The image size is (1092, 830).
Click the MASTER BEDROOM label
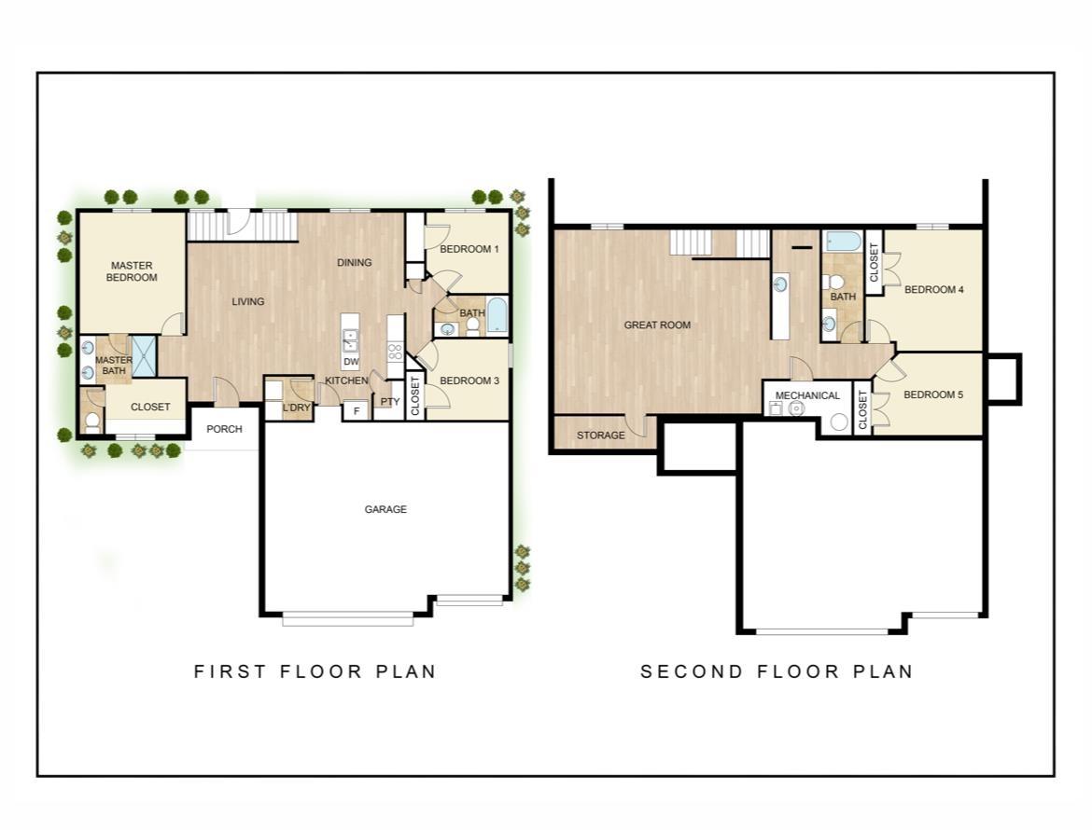pos(132,271)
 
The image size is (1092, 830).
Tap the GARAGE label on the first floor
pos(385,509)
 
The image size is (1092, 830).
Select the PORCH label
pos(224,429)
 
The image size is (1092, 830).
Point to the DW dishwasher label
pos(351,362)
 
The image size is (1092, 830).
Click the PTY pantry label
pos(390,401)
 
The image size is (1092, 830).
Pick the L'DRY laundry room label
pos(297,407)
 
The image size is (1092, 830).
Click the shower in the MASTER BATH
pos(145,356)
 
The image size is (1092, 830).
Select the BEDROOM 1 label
pos(469,249)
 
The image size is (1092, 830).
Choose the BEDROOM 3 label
pos(469,380)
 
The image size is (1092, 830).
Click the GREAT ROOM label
pos(657,325)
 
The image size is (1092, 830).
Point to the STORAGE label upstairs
pos(600,436)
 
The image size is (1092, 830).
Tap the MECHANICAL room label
pos(807,395)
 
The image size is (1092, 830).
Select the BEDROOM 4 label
pos(934,289)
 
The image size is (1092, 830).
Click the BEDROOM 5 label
pos(933,394)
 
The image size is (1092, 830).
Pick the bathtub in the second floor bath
pos(843,242)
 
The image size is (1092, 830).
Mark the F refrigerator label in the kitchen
pos(357,411)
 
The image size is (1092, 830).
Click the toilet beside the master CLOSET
pos(91,420)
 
